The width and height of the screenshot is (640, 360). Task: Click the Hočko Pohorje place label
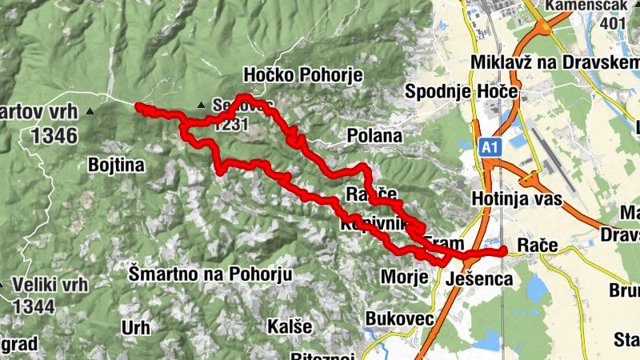(x=303, y=75)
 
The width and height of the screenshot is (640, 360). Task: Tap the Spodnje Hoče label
(x=462, y=92)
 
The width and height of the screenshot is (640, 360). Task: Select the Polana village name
(x=374, y=136)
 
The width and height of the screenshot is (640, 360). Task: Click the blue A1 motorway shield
(x=491, y=147)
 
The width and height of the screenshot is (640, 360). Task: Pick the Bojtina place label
(x=116, y=166)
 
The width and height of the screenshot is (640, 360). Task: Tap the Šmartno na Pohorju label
(x=210, y=274)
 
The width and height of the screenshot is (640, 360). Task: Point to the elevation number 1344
(x=33, y=306)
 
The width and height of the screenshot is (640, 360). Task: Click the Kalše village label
(x=284, y=326)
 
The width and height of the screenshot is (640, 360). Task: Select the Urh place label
(x=135, y=326)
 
